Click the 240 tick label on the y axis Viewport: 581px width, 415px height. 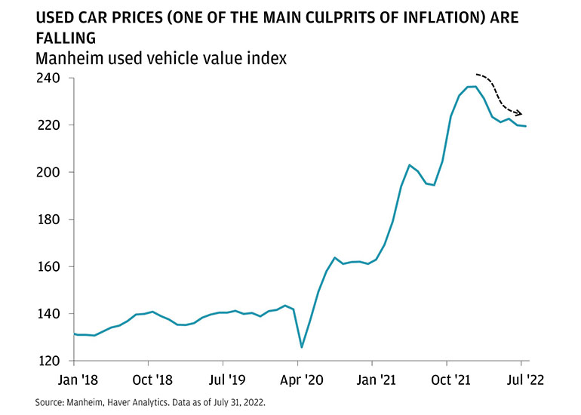[51, 78]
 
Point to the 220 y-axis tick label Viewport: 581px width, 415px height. [51, 125]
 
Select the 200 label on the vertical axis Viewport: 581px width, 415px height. [51, 172]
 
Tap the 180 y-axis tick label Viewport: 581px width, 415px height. [51, 220]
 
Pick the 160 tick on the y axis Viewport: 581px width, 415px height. [51, 266]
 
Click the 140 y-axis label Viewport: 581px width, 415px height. [51, 314]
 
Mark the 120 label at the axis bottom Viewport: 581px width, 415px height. [51, 361]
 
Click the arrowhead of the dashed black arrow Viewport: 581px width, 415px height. [519, 114]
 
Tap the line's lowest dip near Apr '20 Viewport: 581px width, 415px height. [302, 347]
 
